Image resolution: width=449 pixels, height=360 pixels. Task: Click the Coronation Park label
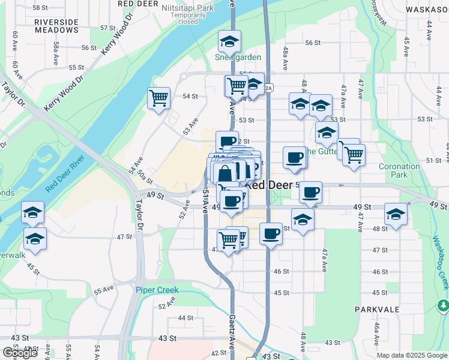(399, 170)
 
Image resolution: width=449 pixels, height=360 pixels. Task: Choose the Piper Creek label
(157, 290)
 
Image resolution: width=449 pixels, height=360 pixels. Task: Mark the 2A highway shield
(269, 88)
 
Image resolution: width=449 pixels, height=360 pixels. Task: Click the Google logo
(20, 353)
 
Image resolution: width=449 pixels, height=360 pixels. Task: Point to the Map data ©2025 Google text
(412, 356)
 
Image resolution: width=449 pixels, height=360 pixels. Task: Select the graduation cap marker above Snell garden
(229, 41)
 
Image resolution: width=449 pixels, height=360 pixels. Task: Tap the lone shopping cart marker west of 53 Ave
(158, 98)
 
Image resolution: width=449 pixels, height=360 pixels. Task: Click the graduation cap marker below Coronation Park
(396, 214)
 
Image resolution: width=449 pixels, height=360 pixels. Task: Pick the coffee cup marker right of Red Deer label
(310, 192)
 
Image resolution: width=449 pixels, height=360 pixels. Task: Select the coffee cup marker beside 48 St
(271, 233)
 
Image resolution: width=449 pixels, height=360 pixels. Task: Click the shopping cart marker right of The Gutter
(354, 154)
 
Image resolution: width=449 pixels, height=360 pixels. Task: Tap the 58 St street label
(40, 8)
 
